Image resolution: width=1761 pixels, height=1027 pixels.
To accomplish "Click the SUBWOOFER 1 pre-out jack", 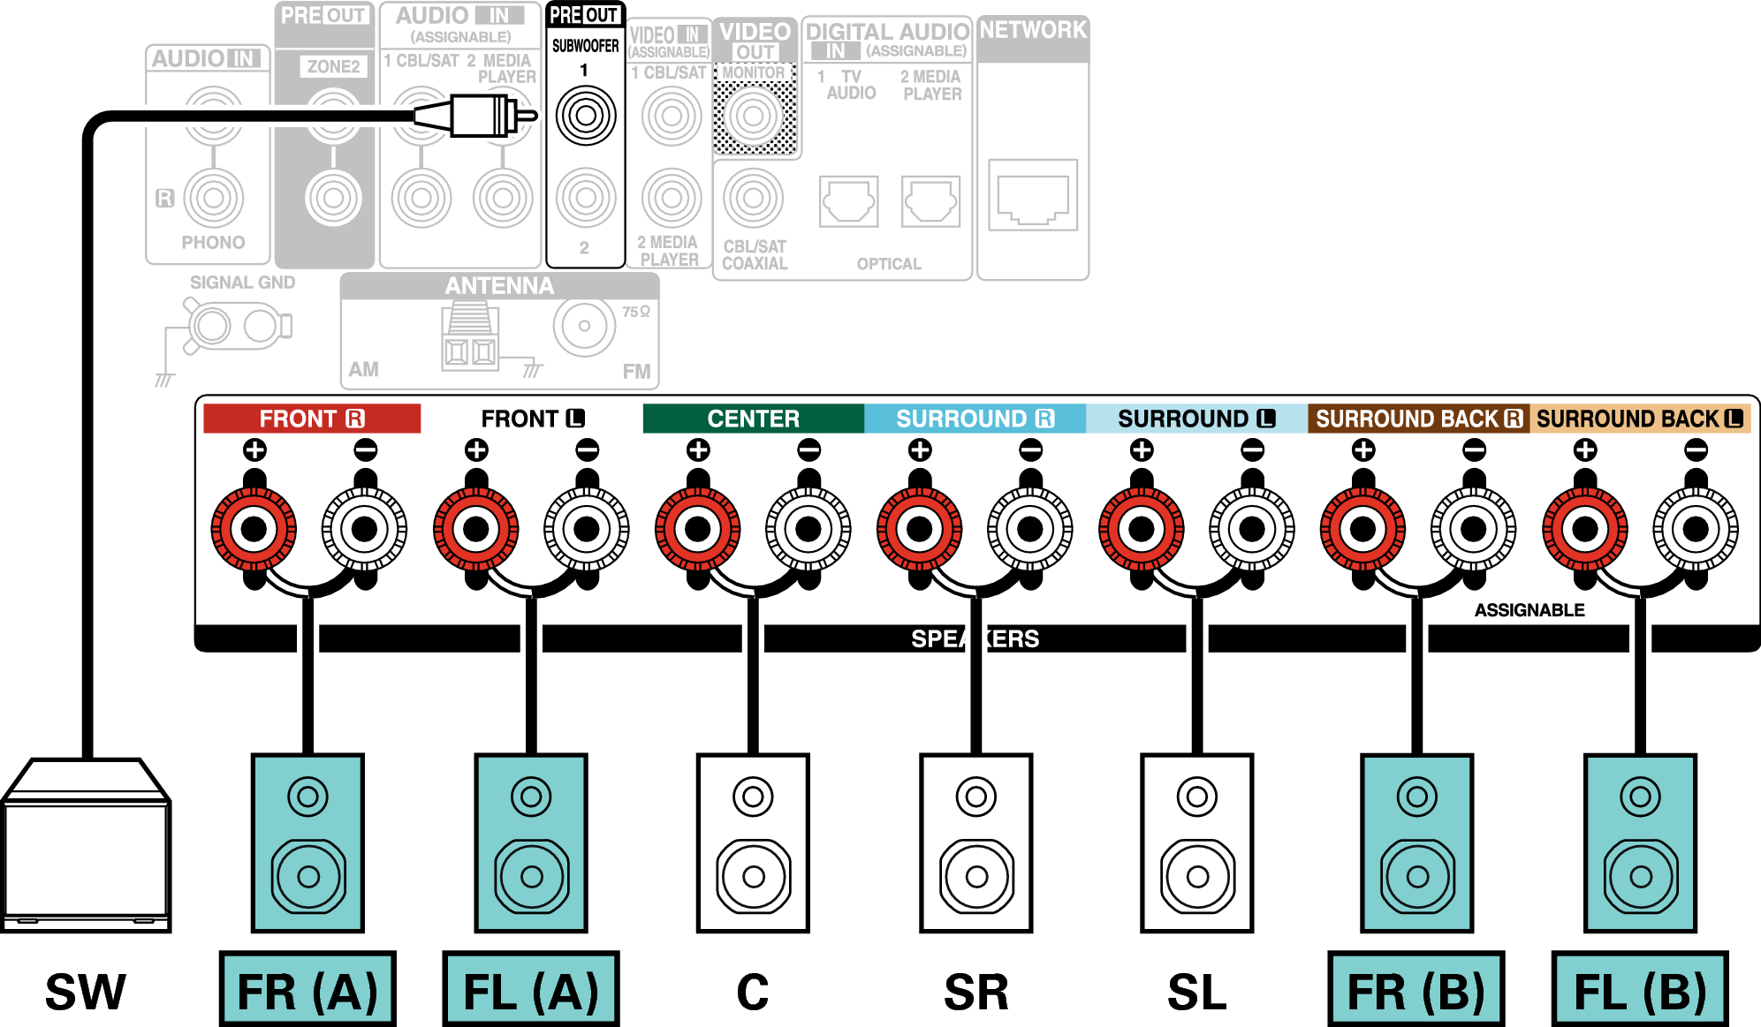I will pos(585,115).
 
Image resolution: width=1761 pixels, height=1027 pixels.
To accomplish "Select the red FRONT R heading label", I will pos(311,419).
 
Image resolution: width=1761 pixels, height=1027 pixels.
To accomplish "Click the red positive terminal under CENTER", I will pos(698,529).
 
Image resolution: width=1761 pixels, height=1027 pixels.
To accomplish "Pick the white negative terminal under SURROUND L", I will pos(1252,529).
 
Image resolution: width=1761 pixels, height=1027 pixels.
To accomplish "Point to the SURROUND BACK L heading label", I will pos(1640,419).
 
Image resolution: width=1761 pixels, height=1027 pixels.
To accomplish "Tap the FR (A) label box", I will pos(307,990).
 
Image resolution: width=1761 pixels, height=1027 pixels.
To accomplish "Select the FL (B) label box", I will pos(1640,990).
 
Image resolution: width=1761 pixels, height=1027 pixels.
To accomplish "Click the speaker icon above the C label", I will pos(753,843).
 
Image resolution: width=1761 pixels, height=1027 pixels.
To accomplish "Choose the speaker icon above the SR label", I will pos(975,843).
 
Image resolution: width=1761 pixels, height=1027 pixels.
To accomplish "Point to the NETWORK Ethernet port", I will pos(1033,196).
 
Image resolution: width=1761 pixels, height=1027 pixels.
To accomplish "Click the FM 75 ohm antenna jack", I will pos(584,326).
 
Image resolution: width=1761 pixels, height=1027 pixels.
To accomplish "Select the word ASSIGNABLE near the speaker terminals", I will pos(1529,610).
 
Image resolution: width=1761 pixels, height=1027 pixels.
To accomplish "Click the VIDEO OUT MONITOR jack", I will pos(754,116).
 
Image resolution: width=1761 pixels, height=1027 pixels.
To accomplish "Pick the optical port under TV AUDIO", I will pos(848,201).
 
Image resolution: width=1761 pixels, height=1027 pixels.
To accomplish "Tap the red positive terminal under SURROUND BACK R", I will pos(1363,529).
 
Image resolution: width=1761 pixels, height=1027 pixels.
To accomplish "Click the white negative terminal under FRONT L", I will pos(587,529).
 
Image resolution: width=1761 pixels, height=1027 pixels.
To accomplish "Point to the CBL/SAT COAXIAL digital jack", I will pos(753,199).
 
